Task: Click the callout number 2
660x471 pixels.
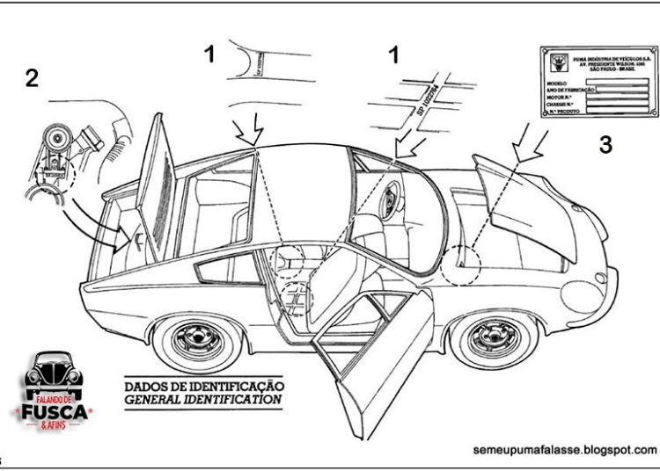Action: [x=32, y=78]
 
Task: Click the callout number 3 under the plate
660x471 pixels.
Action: [x=605, y=145]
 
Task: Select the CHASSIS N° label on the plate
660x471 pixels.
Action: [x=562, y=104]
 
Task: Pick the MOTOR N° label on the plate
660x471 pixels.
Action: [x=561, y=96]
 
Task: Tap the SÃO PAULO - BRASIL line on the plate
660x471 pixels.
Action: [x=606, y=69]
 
